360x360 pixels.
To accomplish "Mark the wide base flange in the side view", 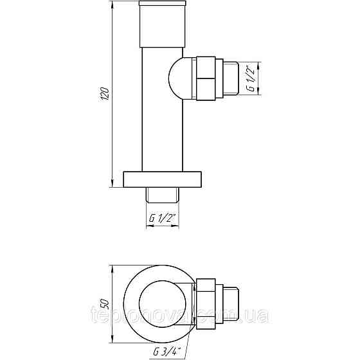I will pos(163,179).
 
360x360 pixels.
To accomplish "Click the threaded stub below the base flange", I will pos(163,192).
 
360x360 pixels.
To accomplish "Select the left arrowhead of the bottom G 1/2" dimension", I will pos(149,225).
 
